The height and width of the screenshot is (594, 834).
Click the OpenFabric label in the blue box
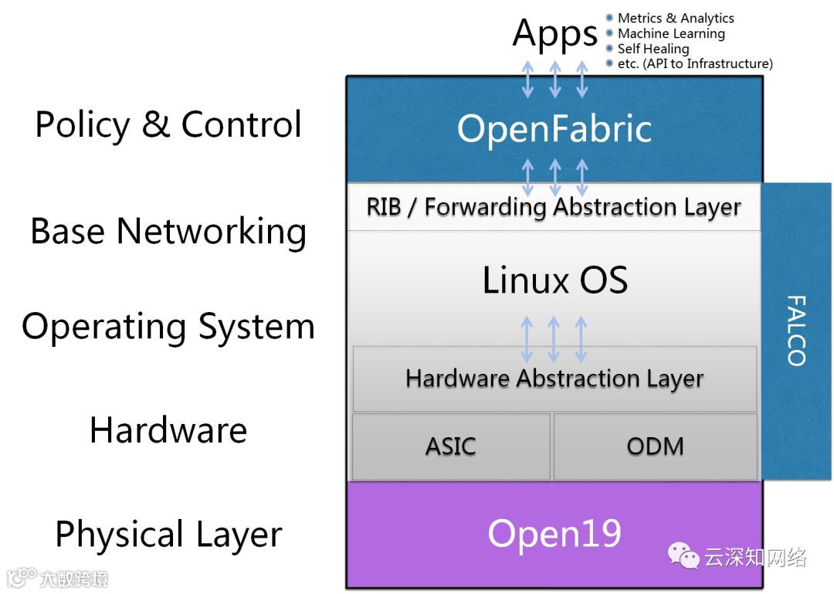554,129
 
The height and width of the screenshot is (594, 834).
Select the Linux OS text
554,280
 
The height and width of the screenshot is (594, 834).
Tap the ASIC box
451,446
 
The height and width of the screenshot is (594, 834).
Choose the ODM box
655,446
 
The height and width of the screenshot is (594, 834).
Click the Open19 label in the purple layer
554,533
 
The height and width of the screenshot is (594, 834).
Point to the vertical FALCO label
795,330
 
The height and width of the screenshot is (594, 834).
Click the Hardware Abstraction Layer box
554,378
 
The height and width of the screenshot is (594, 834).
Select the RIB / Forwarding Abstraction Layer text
554,207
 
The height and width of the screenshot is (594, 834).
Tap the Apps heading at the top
554,33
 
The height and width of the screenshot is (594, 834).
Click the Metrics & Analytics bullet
675,19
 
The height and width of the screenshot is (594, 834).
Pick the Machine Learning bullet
670,34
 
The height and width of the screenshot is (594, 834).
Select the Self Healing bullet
653,49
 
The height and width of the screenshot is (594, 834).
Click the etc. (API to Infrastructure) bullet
694,64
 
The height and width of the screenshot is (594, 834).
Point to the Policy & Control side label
168,124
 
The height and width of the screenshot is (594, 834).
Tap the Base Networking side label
168,231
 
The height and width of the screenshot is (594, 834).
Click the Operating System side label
168,327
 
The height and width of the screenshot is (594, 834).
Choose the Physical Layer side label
168,535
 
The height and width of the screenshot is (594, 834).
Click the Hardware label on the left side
168,430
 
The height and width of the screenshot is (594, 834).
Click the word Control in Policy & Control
241,124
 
